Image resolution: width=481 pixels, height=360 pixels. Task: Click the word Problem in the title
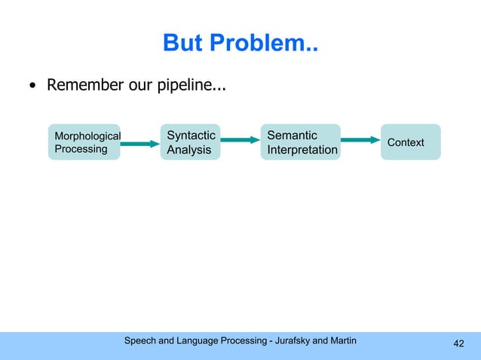tap(265, 44)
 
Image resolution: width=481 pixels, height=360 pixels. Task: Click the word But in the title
tap(183, 44)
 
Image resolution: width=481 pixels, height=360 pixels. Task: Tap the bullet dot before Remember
tap(32, 84)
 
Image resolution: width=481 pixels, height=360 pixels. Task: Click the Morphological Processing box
tap(84, 142)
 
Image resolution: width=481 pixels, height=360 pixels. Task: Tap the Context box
tap(410, 142)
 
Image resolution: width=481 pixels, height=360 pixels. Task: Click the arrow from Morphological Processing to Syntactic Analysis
tap(140, 143)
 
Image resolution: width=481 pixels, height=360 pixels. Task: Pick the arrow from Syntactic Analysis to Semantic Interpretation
tap(240, 139)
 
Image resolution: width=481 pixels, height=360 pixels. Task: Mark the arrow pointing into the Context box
tap(360, 139)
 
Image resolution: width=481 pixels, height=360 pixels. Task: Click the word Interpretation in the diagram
tap(302, 150)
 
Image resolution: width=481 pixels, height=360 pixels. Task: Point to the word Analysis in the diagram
tap(188, 150)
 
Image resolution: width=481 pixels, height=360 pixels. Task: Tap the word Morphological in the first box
tap(87, 136)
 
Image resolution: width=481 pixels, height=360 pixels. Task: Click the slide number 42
tap(458, 344)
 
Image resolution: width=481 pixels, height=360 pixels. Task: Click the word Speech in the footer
tap(141, 341)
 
